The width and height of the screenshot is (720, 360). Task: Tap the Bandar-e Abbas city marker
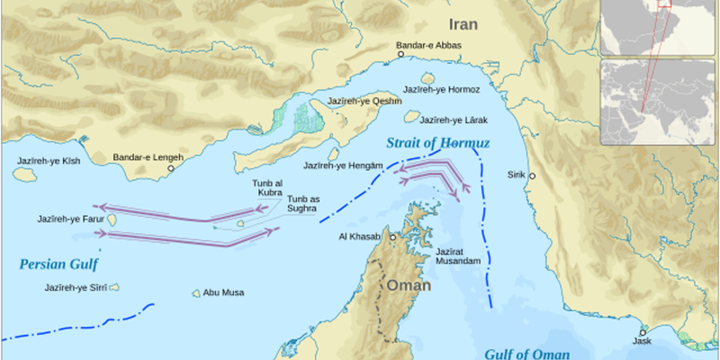coord(400,54)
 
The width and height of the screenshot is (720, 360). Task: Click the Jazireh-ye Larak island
coord(411,117)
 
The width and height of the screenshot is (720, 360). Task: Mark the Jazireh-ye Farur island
coord(113,219)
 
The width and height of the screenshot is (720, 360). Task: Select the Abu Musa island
coord(195,292)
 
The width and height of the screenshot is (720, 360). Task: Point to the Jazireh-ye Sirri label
coord(76,288)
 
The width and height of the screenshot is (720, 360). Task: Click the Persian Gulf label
coord(58,264)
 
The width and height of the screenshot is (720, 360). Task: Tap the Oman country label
coord(409,285)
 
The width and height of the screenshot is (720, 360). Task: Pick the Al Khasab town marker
coord(392,237)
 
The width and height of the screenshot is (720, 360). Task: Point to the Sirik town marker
coord(533,175)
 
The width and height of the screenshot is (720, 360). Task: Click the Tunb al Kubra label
coord(267,187)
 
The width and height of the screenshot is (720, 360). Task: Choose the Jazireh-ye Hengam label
coord(344,166)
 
